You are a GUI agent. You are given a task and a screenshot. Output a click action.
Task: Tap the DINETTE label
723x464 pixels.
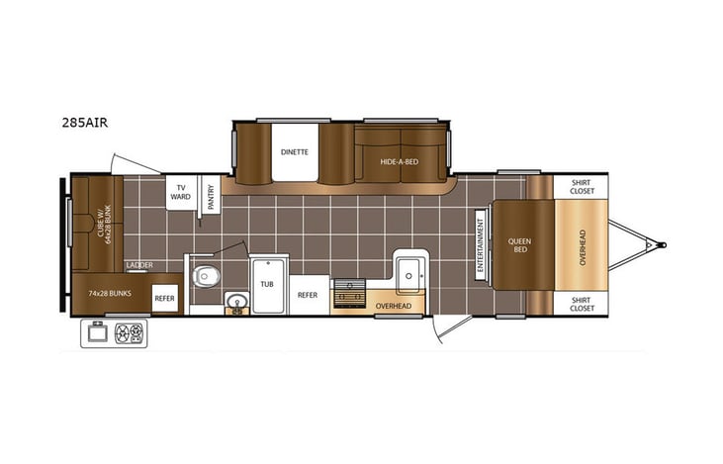click(x=294, y=152)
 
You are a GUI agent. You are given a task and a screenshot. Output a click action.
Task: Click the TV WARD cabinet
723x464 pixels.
click(x=180, y=192)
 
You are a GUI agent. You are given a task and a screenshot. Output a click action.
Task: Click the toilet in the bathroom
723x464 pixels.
click(x=205, y=276)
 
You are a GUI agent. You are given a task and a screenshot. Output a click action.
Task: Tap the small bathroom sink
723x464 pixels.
click(x=235, y=302)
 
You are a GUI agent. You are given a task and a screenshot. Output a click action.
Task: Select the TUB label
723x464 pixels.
click(x=267, y=282)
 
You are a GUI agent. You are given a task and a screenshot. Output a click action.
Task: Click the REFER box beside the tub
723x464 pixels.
click(x=308, y=294)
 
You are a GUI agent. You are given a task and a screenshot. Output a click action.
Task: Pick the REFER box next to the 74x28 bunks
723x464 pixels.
click(x=165, y=297)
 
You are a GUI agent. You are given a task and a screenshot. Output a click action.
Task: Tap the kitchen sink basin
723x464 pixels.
click(x=410, y=273)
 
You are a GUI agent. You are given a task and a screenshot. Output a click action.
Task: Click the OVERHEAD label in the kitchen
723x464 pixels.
click(x=394, y=306)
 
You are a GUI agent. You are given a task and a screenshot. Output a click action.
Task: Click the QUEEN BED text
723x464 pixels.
click(x=520, y=245)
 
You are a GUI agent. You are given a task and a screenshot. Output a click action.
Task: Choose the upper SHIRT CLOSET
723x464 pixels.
click(x=582, y=186)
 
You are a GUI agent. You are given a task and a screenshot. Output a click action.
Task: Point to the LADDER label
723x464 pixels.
click(x=138, y=265)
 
